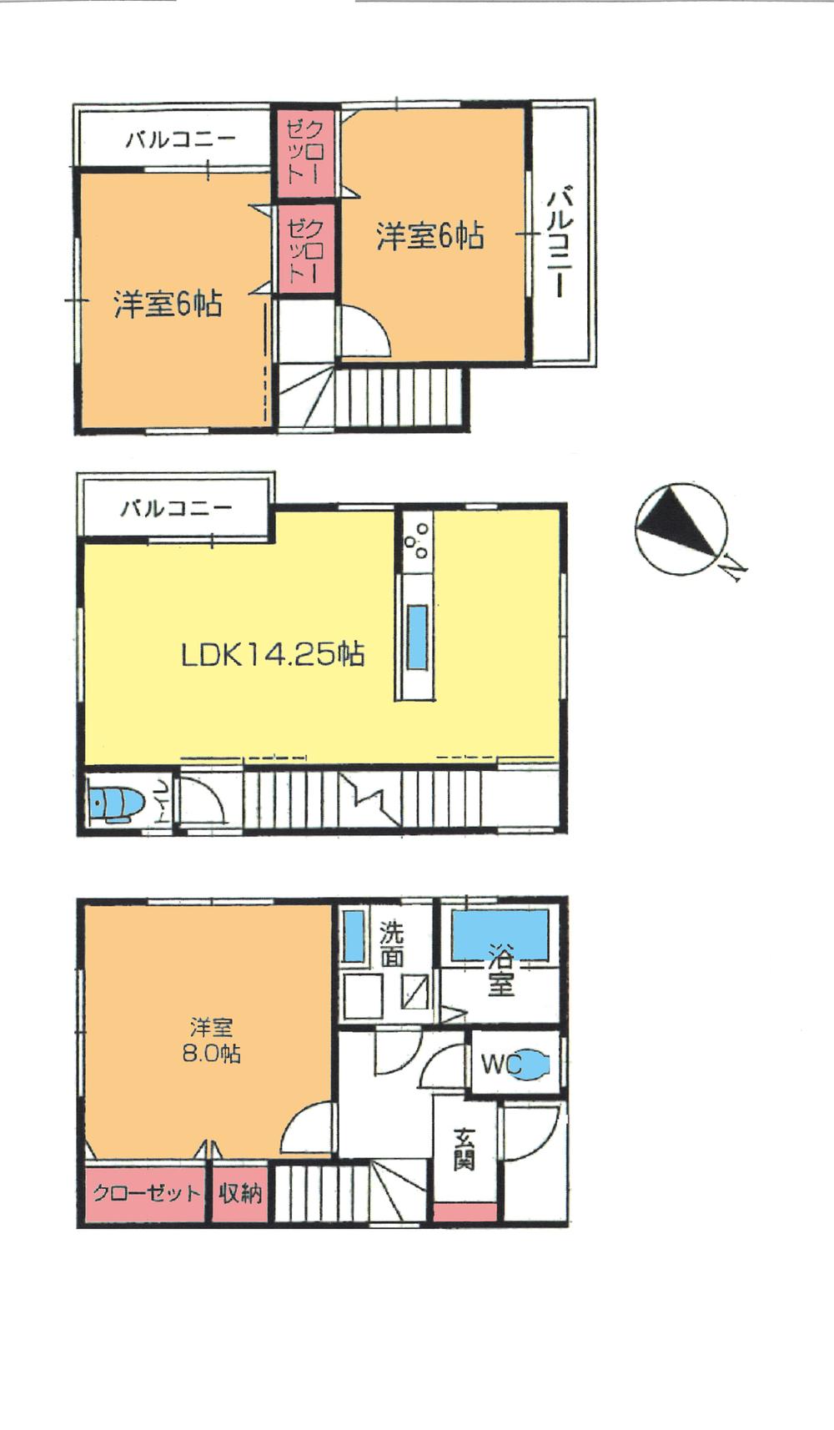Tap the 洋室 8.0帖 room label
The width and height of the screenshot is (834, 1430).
[211, 1040]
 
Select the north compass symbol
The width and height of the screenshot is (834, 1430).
[681, 528]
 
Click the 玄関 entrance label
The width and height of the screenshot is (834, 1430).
[465, 1150]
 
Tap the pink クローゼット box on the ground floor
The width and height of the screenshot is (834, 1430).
[147, 1194]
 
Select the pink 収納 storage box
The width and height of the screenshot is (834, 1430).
[240, 1194]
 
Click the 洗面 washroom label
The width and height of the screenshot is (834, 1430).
[391, 944]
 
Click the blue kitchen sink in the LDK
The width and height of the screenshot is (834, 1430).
[415, 637]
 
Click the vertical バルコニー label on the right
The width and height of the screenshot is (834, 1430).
[560, 242]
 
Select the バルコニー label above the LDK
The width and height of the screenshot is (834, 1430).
[176, 508]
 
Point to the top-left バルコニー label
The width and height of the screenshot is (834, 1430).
[181, 138]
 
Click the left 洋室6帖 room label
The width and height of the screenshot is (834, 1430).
[168, 305]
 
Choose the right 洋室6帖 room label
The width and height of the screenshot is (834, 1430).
[430, 236]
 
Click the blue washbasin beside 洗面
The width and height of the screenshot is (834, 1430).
[354, 937]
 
